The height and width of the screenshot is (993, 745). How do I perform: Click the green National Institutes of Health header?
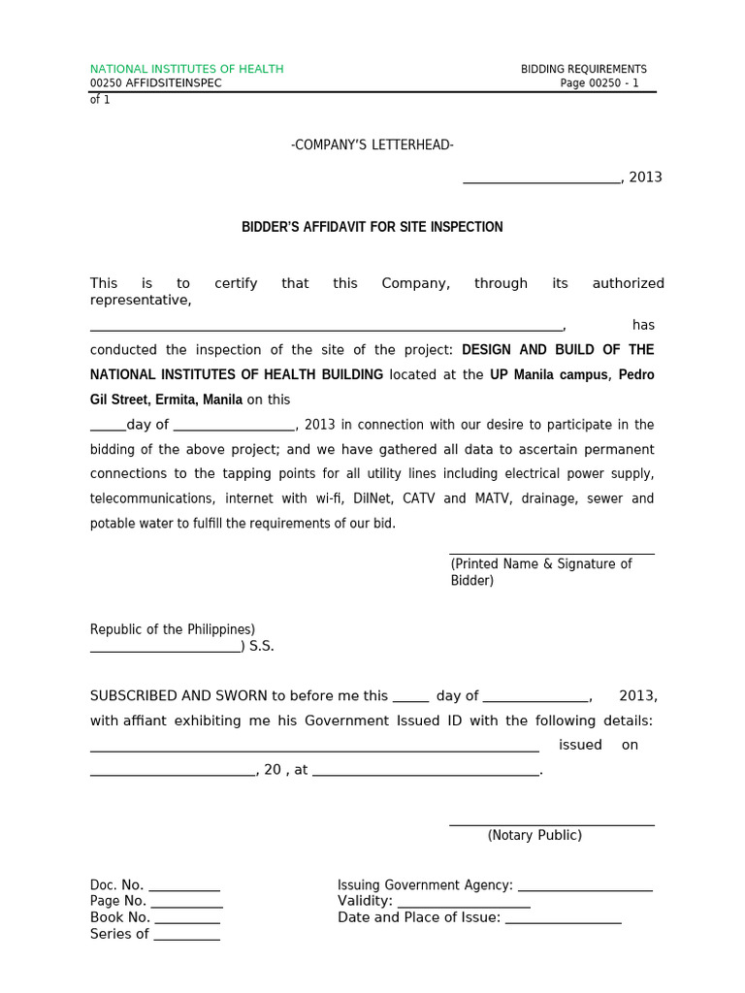[x=186, y=69]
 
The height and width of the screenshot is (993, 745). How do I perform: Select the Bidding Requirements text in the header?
[x=583, y=69]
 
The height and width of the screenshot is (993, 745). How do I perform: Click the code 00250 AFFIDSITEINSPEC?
[x=155, y=83]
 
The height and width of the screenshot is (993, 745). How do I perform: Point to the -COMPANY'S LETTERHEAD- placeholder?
[x=372, y=145]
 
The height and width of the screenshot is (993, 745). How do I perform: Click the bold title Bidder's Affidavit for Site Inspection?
[x=372, y=227]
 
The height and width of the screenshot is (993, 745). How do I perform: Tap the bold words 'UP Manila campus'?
[x=548, y=375]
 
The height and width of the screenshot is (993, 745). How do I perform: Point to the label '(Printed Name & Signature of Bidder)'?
[x=540, y=572]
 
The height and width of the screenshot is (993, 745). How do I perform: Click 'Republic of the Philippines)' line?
[x=173, y=629]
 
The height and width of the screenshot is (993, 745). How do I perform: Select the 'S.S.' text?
[x=262, y=647]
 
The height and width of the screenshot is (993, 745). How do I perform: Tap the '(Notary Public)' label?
[x=534, y=835]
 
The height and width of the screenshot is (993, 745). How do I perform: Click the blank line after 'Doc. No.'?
[x=184, y=887]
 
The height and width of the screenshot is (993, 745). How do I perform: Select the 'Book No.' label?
[x=120, y=917]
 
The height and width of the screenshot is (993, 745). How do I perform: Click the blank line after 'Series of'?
[x=186, y=937]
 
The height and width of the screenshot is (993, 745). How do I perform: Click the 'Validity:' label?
[x=365, y=901]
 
